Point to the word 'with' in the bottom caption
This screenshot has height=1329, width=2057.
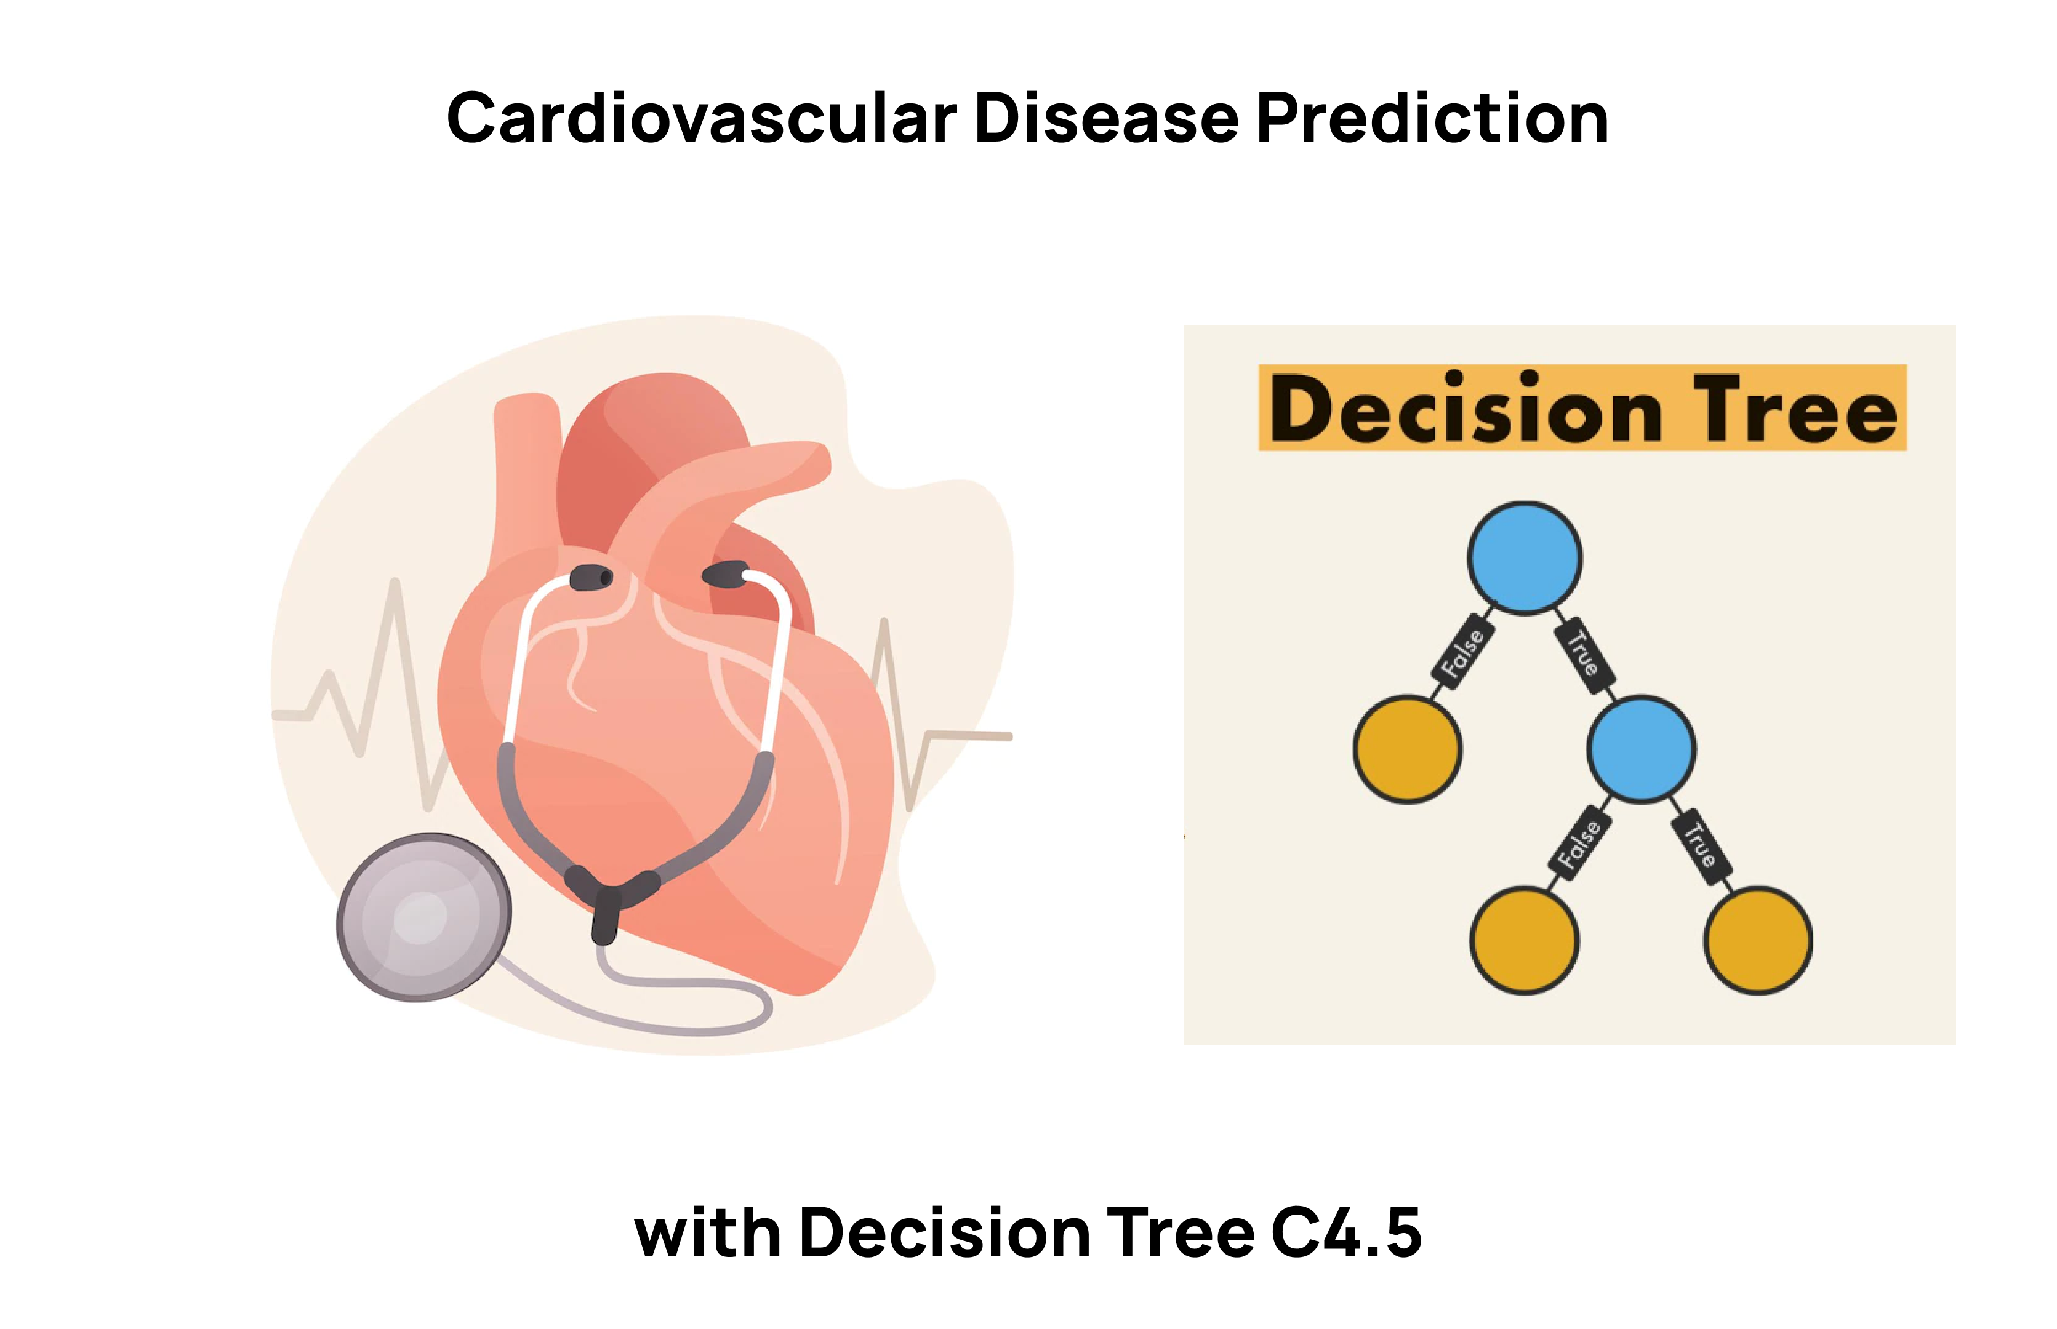click(707, 1232)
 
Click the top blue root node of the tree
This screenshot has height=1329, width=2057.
click(1525, 558)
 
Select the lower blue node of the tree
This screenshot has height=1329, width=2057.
click(1641, 749)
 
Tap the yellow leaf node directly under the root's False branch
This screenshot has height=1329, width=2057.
click(1407, 749)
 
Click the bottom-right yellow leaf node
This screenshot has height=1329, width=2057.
click(1757, 941)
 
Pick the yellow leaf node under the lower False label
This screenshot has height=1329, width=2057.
click(1525, 941)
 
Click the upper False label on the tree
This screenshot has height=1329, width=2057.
click(1462, 653)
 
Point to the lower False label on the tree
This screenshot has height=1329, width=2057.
click(1579, 844)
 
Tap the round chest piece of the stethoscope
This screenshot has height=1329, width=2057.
click(424, 917)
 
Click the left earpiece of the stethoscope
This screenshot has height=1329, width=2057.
click(591, 577)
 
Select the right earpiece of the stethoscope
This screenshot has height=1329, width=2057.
click(725, 574)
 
